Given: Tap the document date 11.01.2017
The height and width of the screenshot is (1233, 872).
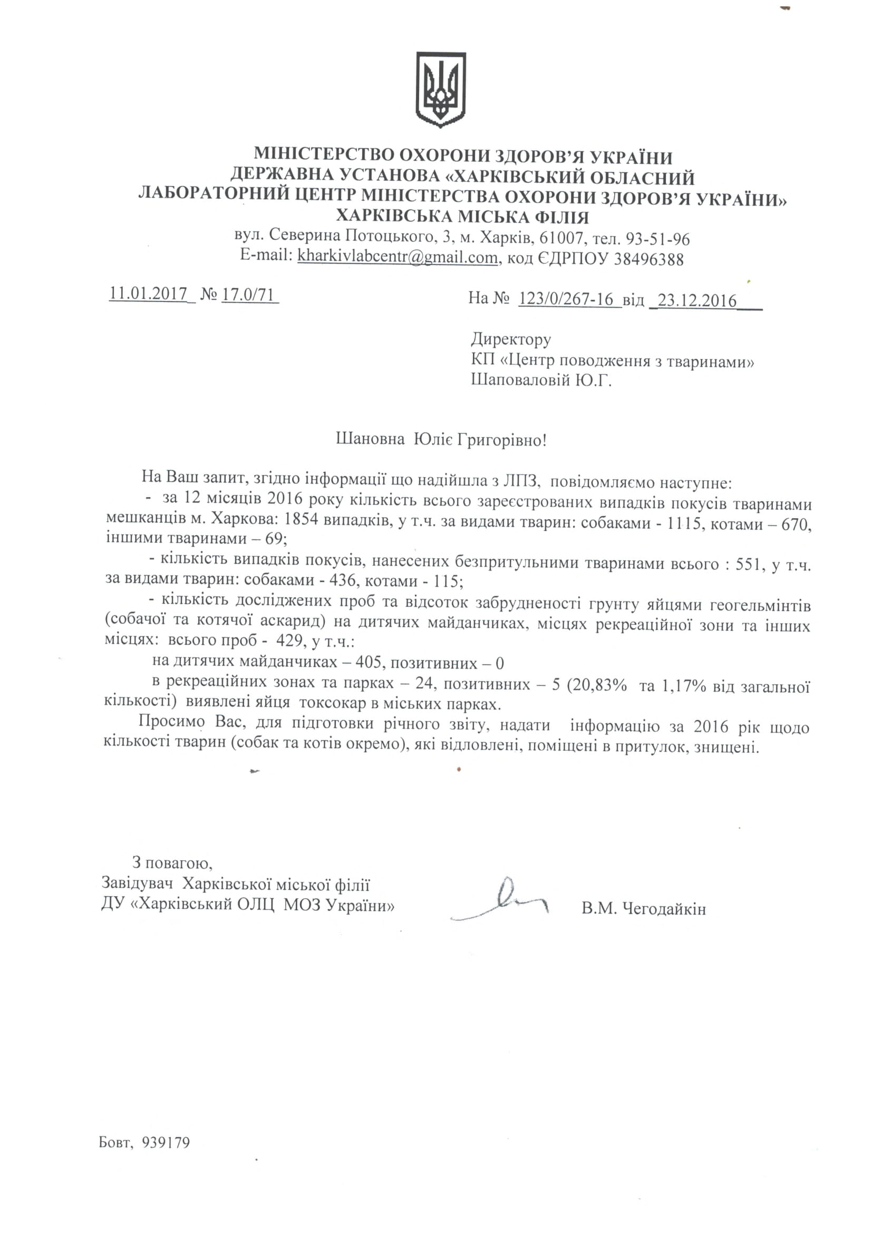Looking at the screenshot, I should [x=148, y=294].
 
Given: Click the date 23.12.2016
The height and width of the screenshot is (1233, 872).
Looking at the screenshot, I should [x=697, y=300].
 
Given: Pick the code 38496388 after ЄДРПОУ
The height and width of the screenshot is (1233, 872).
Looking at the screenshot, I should [x=648, y=259].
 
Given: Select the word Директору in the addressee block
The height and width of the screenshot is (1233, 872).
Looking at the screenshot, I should [x=511, y=339].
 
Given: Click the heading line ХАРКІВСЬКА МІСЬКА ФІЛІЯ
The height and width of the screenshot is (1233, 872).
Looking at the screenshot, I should [x=462, y=217].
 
